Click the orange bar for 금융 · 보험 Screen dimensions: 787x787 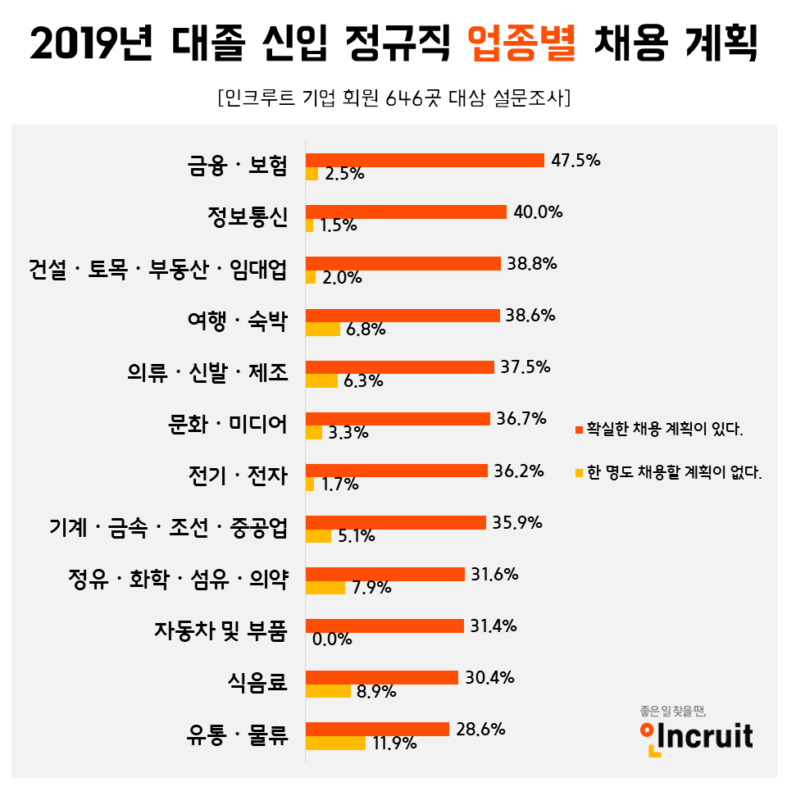[425, 160]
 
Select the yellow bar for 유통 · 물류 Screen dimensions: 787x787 [335, 743]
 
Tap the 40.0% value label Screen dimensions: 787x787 [538, 212]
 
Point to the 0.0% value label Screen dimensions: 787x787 [332, 639]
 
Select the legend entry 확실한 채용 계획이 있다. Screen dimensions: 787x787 [665, 429]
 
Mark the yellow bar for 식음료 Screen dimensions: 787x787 [328, 691]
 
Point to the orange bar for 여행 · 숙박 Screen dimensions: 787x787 [403, 315]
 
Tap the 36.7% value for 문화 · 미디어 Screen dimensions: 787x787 [521, 418]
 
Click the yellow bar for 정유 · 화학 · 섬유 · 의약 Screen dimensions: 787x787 [325, 588]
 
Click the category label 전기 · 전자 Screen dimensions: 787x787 [238, 475]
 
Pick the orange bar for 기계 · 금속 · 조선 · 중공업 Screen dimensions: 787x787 [396, 522]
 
